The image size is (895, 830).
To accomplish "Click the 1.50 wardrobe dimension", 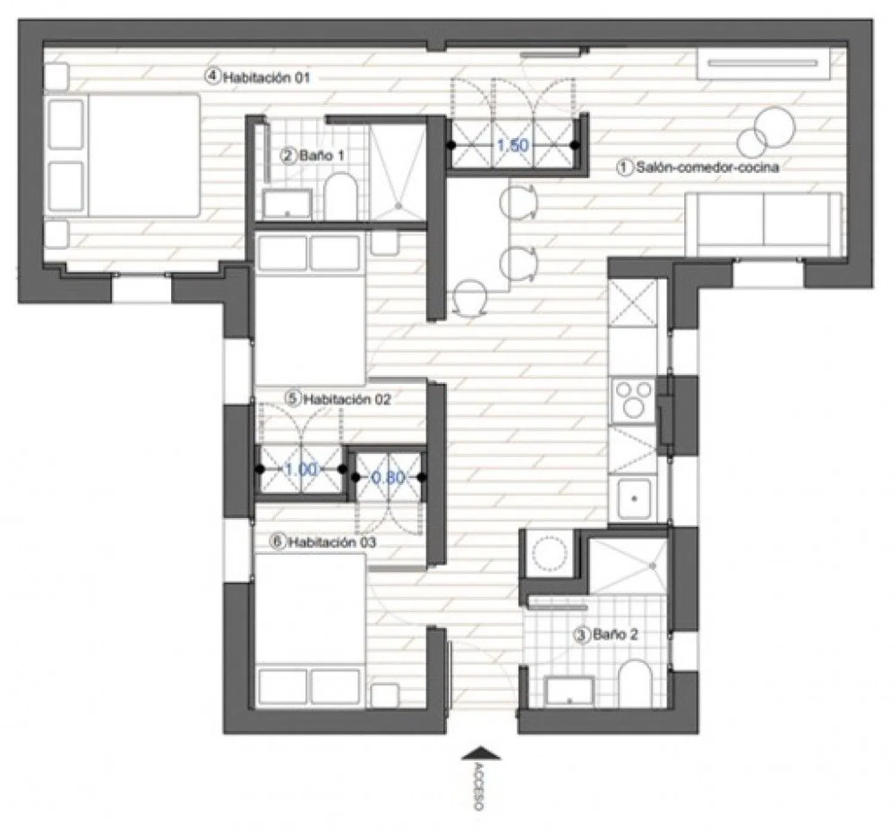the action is (513, 145).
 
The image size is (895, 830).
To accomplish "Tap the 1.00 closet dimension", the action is (301, 470).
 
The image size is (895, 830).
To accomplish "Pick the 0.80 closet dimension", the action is (388, 478).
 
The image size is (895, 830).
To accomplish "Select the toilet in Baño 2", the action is (635, 684).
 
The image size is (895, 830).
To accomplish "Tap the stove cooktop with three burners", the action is (633, 399).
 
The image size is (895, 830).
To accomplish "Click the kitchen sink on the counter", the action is (634, 498).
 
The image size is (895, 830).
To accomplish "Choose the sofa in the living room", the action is (763, 225).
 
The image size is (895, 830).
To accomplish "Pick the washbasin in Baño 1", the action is (287, 205).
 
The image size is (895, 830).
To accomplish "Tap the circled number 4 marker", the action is (212, 76).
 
